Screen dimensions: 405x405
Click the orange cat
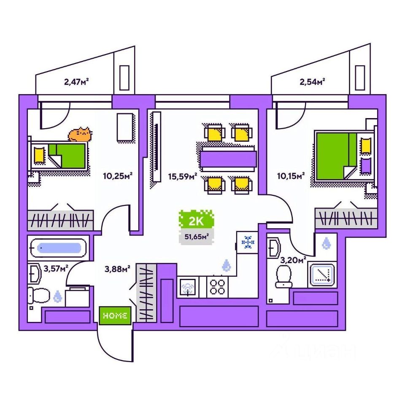tap(80, 134)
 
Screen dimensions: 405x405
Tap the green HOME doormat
tap(115, 316)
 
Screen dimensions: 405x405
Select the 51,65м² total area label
tap(196, 237)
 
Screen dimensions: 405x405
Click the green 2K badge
tap(196, 219)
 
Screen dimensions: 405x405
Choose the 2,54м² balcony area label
tap(312, 81)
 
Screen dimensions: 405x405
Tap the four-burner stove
tap(217, 287)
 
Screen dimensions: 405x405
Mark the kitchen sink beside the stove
tap(189, 287)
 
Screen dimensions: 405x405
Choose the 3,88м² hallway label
tap(117, 267)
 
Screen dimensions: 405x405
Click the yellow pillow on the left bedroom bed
tap(39, 155)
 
